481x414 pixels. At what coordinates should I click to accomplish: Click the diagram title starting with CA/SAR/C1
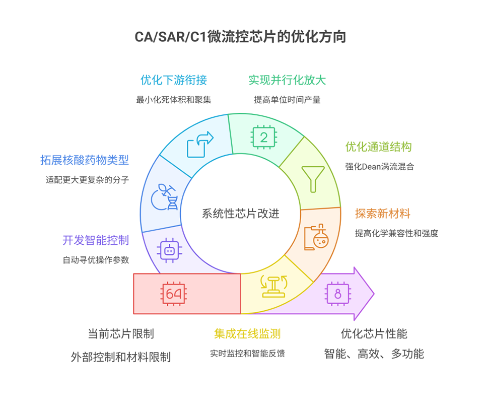click(240, 37)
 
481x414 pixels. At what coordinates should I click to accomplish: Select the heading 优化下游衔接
click(173, 80)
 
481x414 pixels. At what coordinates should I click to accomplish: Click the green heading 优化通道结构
click(378, 147)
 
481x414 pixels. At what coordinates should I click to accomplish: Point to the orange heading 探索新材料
click(382, 213)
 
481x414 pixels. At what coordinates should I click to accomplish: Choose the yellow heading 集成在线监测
click(247, 333)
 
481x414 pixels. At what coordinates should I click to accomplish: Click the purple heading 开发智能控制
click(96, 240)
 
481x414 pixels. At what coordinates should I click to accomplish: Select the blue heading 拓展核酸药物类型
click(85, 160)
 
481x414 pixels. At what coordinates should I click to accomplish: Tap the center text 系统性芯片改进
click(240, 214)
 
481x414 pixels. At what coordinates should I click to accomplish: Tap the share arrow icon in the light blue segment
click(200, 144)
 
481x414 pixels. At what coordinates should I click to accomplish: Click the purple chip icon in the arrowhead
click(337, 294)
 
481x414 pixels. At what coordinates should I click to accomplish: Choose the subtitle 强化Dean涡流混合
click(379, 166)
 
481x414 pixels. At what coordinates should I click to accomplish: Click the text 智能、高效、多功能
click(374, 354)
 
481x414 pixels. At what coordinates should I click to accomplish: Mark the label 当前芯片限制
click(121, 333)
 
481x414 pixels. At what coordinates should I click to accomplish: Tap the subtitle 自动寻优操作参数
click(96, 260)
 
